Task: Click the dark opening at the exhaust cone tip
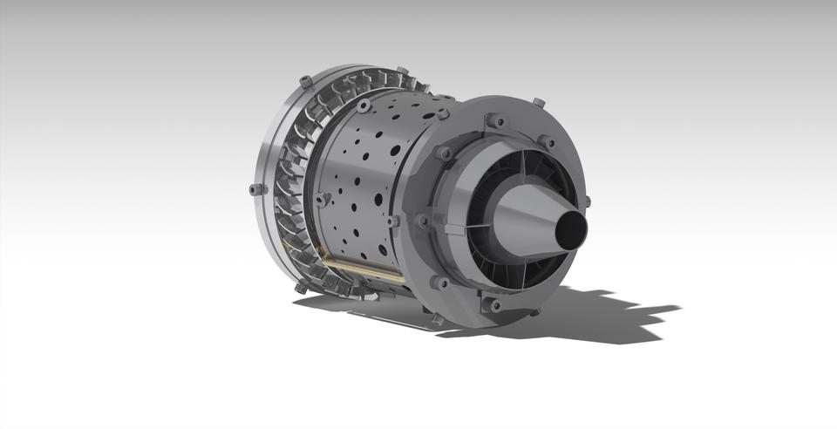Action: [572, 230]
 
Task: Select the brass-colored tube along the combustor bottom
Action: [362, 266]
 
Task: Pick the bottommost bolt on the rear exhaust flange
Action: [495, 305]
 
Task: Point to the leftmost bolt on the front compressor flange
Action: [255, 188]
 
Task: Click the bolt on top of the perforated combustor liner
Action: [363, 106]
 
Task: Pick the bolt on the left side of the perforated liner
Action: [323, 200]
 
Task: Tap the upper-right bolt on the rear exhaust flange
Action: [546, 140]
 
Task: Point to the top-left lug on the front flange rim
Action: [305, 81]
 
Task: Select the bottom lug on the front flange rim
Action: [302, 286]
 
